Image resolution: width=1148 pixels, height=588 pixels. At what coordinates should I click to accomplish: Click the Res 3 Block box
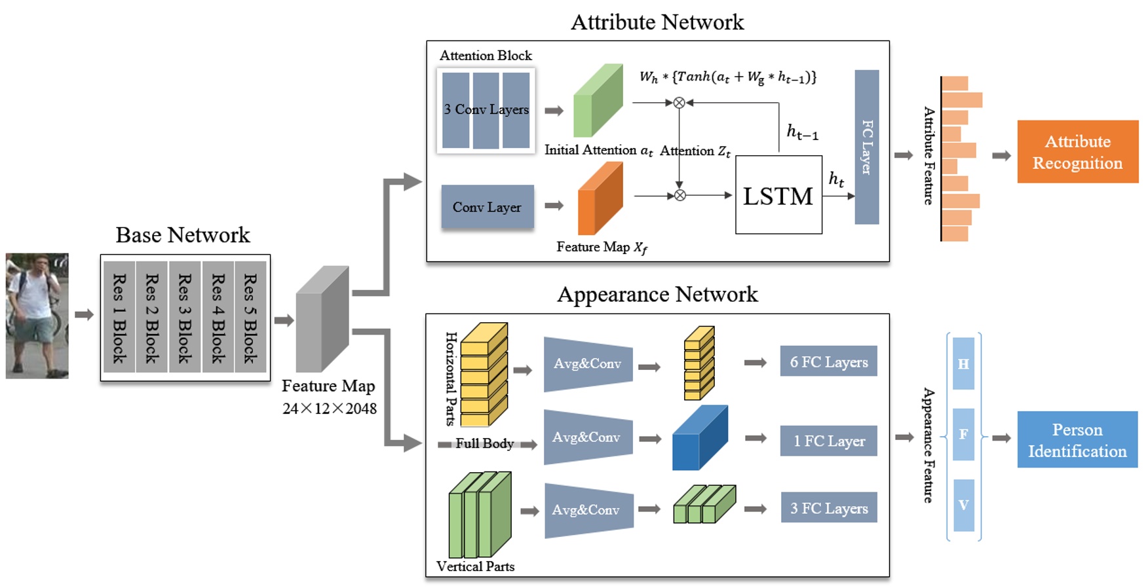[x=184, y=317]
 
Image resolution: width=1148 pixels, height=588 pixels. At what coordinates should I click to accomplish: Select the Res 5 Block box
[x=250, y=317]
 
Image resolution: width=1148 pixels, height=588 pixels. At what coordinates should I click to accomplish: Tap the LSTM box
[x=778, y=195]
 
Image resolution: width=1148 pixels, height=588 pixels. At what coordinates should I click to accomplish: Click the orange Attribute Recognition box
[x=1077, y=151]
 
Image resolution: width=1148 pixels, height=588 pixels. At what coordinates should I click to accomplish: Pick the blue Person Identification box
[x=1077, y=439]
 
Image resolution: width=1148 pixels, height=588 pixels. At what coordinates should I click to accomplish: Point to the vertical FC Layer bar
[x=866, y=147]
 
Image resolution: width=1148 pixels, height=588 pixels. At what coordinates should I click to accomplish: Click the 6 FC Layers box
[x=828, y=361]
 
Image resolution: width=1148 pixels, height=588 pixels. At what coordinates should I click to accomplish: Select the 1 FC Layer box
[x=828, y=441]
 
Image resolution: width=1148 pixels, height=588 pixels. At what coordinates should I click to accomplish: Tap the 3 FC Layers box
[x=828, y=507]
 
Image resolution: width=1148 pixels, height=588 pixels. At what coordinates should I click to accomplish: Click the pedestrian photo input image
[x=37, y=316]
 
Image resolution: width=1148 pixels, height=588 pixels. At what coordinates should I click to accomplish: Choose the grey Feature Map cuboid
[x=322, y=320]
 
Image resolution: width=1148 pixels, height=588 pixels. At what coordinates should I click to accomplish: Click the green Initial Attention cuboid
[x=597, y=101]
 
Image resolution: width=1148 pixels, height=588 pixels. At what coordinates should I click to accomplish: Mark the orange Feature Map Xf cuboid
[x=600, y=199]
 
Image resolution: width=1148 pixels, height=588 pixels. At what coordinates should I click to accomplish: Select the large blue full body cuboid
[x=699, y=438]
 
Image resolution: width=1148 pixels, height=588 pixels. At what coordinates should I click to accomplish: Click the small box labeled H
[x=963, y=363]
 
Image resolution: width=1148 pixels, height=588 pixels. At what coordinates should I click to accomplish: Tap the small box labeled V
[x=963, y=505]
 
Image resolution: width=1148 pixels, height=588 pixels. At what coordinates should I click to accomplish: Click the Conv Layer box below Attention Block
[x=487, y=207]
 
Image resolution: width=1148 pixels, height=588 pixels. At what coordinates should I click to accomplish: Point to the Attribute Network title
[x=657, y=22]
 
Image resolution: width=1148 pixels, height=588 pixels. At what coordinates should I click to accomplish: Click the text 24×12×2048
[x=330, y=409]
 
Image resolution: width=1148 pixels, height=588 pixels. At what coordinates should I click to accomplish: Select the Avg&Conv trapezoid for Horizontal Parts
[x=588, y=364]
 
